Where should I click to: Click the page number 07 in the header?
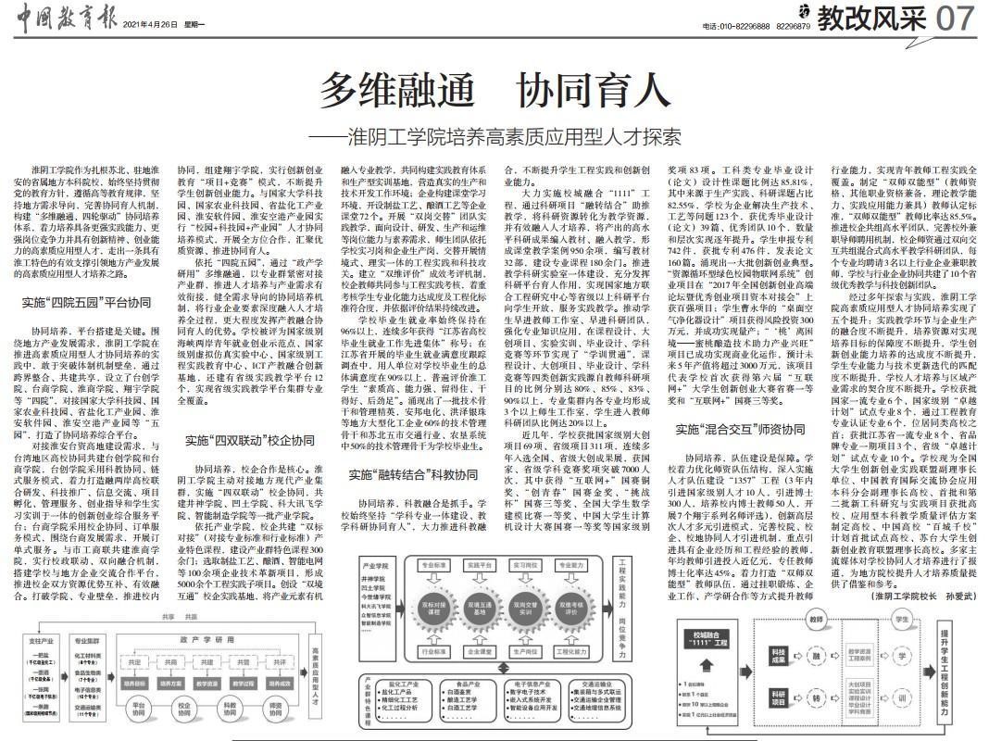(954, 19)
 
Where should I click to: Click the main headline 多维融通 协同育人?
(494, 92)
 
